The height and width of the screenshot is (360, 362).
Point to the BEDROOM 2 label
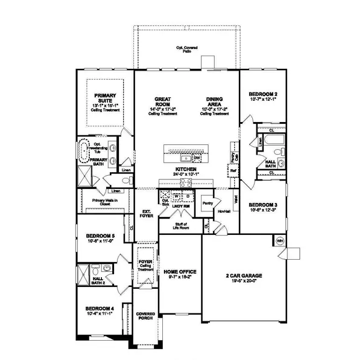point(263,95)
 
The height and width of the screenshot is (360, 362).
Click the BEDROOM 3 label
point(263,205)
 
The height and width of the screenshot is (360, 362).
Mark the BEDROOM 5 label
point(100,236)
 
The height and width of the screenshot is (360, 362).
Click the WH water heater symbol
point(279,240)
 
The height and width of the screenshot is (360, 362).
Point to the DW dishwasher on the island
point(197,158)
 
